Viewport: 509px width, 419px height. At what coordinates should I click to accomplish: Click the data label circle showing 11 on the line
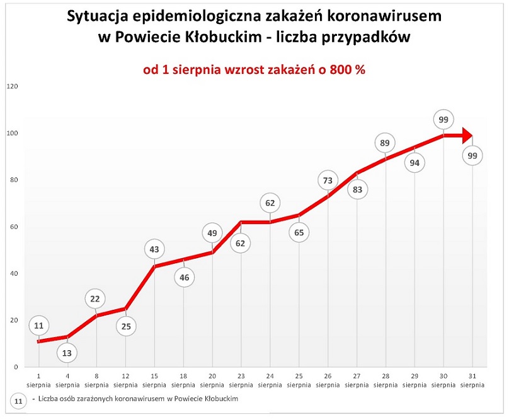point(38,326)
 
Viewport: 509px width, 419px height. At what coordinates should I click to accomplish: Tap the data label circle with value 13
point(67,352)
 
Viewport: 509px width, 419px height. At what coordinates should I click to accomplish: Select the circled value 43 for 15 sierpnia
point(154,249)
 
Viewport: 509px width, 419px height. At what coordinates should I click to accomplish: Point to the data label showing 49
point(212,233)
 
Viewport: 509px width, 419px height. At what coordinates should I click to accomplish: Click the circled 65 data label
point(299,232)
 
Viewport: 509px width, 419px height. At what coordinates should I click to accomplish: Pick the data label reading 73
point(328,181)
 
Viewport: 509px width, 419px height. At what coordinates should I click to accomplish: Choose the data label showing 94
point(415,163)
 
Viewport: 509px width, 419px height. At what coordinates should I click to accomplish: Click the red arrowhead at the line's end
point(466,135)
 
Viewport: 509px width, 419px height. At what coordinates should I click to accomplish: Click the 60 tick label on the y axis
point(12,227)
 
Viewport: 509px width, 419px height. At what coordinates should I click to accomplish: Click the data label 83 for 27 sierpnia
point(357,189)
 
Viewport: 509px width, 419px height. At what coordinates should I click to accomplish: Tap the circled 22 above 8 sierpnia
point(96,299)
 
